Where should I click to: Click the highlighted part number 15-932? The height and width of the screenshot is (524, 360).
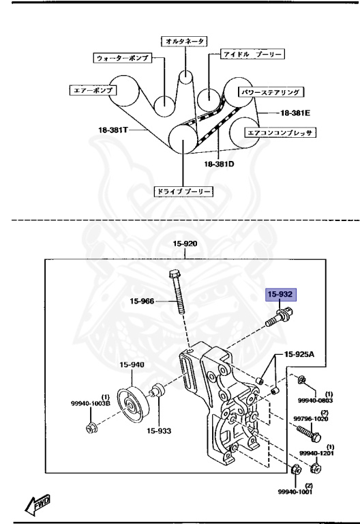point(280,295)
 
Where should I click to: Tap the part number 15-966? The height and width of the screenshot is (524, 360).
point(142,302)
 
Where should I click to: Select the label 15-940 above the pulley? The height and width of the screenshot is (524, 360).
point(132,364)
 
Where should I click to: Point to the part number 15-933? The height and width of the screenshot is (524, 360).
point(159,431)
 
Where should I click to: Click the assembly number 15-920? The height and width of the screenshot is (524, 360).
point(185,244)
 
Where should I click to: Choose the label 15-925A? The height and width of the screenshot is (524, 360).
point(299,354)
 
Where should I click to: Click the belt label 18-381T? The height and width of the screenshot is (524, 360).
point(113,130)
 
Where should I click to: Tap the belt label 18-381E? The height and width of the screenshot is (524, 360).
point(295,113)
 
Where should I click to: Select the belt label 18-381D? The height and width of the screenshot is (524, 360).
point(219,164)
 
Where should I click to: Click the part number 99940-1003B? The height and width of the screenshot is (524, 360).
point(90,403)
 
